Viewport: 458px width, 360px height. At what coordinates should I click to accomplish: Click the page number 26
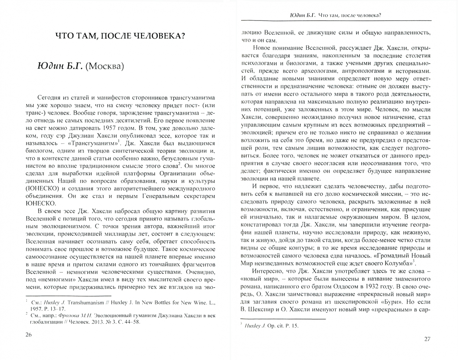pyautogui.click(x=28, y=335)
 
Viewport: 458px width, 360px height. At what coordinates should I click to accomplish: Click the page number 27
pyautogui.click(x=427, y=339)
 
